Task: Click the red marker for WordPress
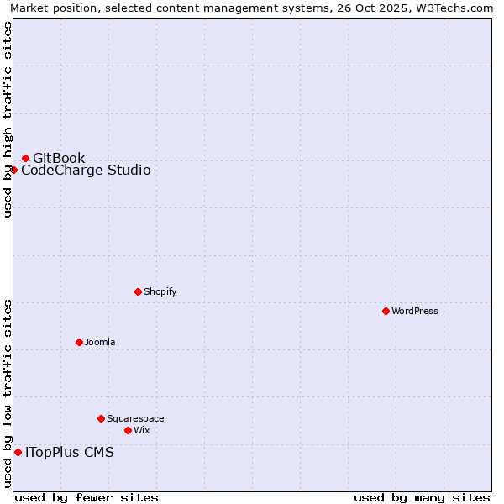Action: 386,311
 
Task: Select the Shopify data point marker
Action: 138,291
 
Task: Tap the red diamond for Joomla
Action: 79,342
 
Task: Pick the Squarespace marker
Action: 101,418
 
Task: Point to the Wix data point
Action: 128,430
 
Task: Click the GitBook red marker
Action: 25,158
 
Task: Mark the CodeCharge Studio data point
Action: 13,170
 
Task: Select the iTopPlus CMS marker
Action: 18,452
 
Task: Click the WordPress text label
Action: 415,311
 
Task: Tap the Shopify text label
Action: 160,291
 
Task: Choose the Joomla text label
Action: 100,342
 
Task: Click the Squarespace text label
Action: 135,418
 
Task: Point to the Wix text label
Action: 142,430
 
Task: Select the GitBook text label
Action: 59,158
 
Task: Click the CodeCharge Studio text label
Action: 86,170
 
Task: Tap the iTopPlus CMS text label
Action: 70,452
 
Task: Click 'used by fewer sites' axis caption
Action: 87,497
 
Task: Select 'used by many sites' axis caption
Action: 422,497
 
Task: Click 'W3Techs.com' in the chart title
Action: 458,8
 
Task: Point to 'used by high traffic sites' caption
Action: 8,119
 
